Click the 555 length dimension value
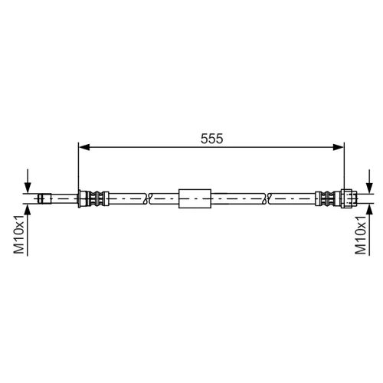tap(211, 139)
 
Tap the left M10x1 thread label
tap(19, 234)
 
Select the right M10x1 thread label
tap(361, 234)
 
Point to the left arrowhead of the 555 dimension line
tap(84, 147)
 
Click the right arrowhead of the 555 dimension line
tap(339, 147)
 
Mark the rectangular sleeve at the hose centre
tap(195, 198)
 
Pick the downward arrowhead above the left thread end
tap(28, 188)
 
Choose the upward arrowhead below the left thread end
tap(28, 210)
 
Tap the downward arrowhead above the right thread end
tap(369, 188)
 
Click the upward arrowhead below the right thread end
tap(369, 210)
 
